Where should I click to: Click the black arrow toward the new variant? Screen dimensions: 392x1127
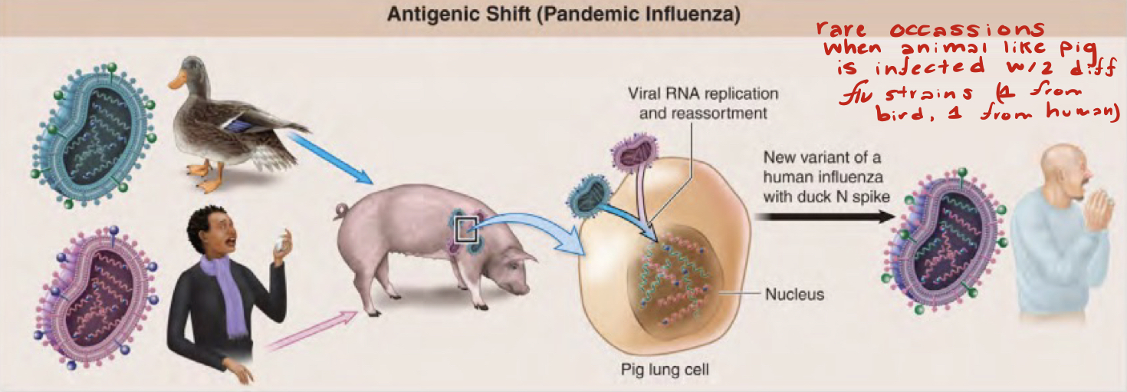click(x=825, y=217)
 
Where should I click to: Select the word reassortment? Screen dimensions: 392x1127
click(x=725, y=112)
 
